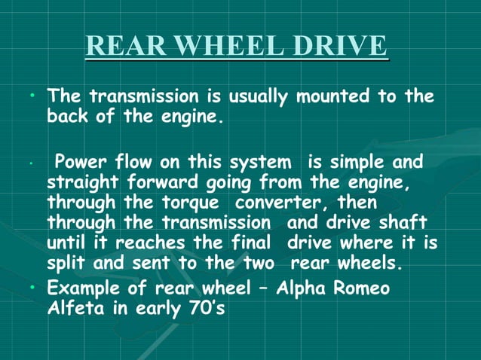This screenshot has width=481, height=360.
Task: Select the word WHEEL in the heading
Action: tap(213, 46)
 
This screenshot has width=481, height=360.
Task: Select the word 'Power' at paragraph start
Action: tap(81, 163)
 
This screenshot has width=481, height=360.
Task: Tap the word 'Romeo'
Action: tap(364, 290)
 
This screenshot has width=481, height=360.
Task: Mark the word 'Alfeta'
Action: tap(76, 310)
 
